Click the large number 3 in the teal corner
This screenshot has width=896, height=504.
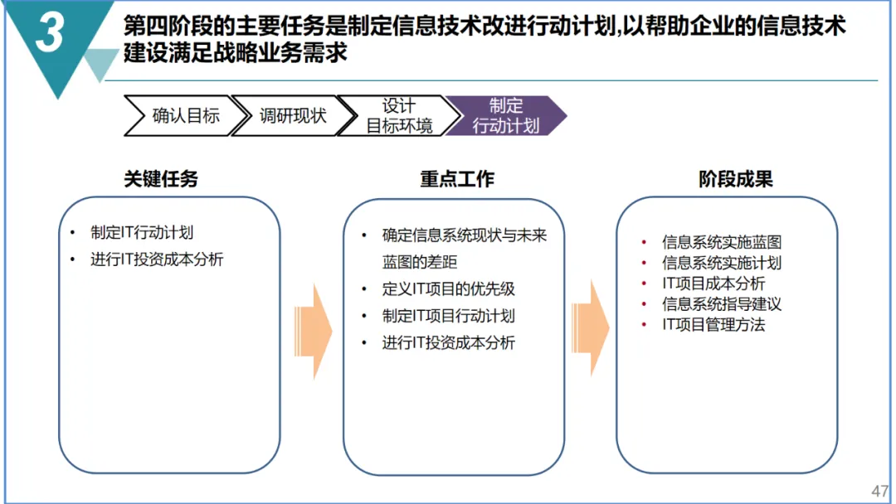51,35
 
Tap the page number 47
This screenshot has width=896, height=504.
879,489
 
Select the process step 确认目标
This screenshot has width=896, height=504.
185,116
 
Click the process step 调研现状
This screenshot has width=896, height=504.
292,116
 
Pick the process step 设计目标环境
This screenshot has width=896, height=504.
399,116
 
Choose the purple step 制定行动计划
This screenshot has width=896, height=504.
505,116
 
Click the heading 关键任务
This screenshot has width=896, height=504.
161,179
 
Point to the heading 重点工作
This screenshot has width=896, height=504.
456,179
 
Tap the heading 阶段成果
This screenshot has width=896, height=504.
736,179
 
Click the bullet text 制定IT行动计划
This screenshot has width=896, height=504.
142,233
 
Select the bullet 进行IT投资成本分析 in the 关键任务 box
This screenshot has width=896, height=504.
157,259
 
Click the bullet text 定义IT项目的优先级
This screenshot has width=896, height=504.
448,289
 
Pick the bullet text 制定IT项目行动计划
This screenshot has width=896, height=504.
448,316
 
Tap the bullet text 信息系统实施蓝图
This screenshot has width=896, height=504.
722,242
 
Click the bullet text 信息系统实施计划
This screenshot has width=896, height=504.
722,263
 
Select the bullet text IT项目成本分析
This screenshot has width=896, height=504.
713,283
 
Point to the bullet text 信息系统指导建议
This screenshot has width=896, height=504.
722,304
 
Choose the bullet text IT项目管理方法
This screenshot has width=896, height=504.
713,325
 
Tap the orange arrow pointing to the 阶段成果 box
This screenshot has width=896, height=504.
591,328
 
